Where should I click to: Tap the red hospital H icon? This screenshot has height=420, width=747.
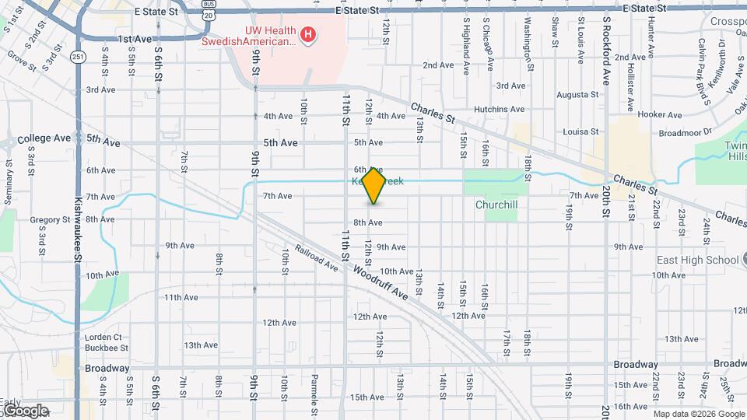[309, 34]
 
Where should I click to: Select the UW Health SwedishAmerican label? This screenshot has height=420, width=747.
[249, 35]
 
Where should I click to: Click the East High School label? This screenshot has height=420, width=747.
[696, 260]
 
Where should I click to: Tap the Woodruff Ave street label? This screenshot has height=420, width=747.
[381, 283]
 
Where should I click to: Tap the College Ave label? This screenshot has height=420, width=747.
[44, 138]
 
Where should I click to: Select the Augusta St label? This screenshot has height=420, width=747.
[577, 95]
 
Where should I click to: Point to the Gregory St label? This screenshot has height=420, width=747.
[51, 220]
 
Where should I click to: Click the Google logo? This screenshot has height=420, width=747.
[25, 411]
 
